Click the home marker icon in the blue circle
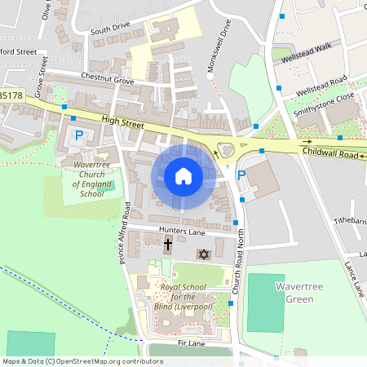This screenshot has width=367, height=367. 183,176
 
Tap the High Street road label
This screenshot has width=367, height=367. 122,124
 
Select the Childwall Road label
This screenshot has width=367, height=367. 329,153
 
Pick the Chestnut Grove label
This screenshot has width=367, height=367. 107,79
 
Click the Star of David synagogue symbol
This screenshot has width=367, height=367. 204,254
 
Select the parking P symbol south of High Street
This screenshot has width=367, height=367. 79,135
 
